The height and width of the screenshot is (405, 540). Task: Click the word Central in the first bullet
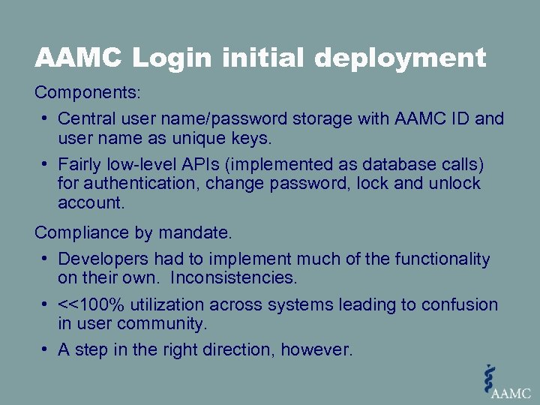[85, 118]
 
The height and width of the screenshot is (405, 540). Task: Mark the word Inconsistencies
[233, 278]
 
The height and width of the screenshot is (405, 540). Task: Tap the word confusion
[460, 304]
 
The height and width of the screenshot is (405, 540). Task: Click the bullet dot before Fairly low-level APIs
[46, 163]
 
